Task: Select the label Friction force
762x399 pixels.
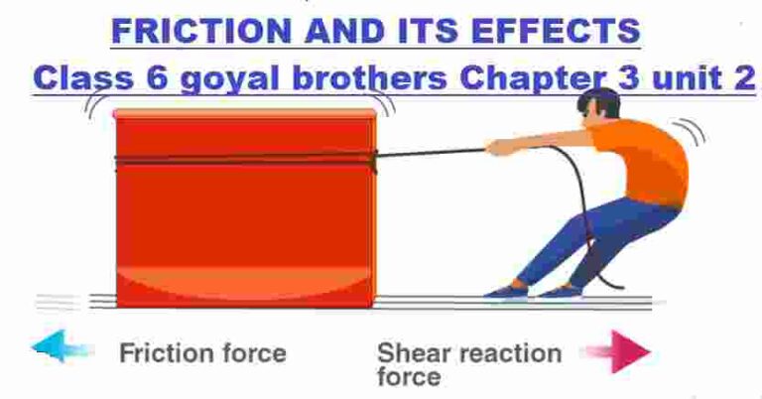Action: pos(202,351)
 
